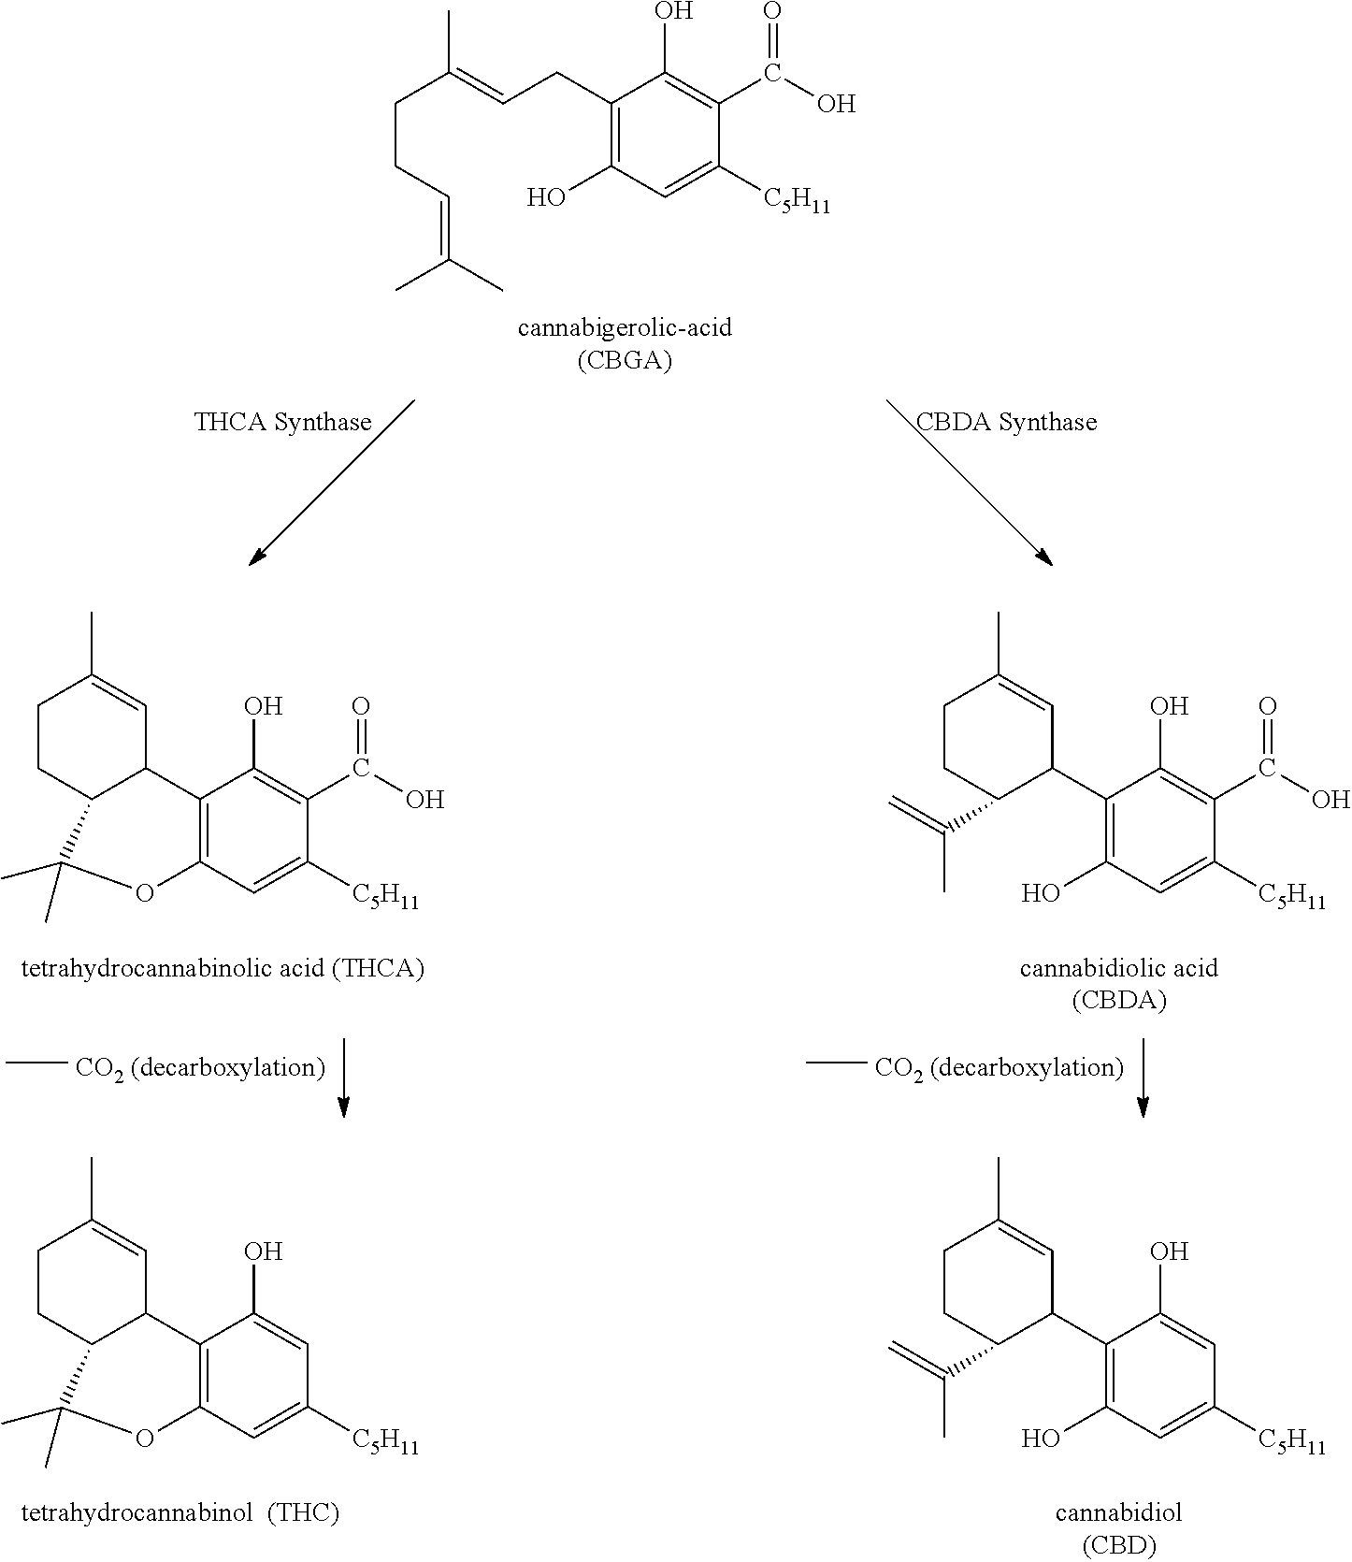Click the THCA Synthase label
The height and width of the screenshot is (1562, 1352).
click(x=282, y=422)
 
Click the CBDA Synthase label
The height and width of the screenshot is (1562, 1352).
click(x=1006, y=422)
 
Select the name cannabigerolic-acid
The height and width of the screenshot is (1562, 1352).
click(x=625, y=328)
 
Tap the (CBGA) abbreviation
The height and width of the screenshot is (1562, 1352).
click(x=625, y=362)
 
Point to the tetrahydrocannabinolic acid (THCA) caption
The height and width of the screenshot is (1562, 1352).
click(x=223, y=968)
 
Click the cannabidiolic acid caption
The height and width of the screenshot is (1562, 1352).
click(x=1118, y=968)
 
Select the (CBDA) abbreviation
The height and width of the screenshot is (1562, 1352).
click(x=1118, y=1001)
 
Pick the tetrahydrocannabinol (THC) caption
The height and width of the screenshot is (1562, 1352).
click(x=180, y=1512)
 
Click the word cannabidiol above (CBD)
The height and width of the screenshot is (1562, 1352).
click(x=1118, y=1512)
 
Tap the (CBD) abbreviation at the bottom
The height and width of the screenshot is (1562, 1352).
click(x=1118, y=1545)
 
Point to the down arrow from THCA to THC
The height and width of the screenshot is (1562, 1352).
click(x=343, y=1077)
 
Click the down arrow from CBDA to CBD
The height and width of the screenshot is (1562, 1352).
click(x=1143, y=1077)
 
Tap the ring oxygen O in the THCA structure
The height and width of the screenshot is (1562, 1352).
click(x=144, y=893)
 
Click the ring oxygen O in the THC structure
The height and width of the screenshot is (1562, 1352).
click(x=144, y=1438)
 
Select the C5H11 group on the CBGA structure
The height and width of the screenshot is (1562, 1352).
click(x=796, y=200)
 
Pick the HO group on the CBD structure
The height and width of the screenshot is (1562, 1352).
click(x=1040, y=1438)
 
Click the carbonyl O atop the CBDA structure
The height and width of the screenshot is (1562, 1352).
click(x=1267, y=706)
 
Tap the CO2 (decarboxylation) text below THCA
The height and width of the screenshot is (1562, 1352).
click(x=200, y=1068)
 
